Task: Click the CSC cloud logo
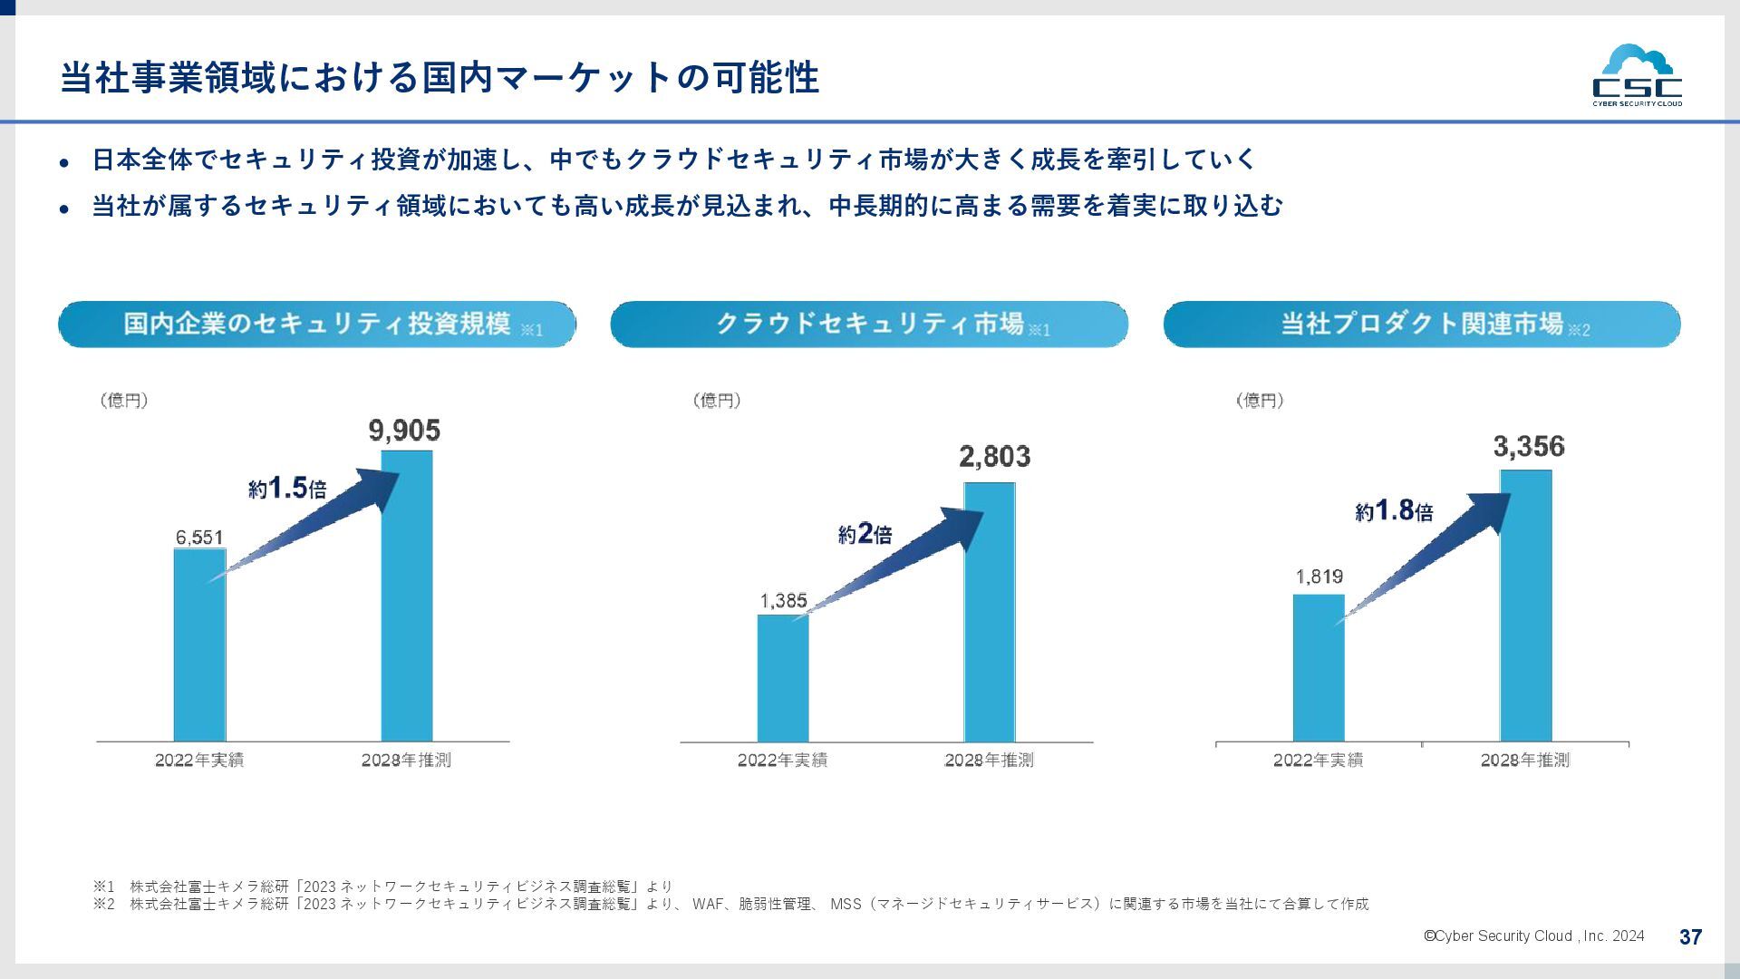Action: [1637, 75]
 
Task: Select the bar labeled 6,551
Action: [199, 645]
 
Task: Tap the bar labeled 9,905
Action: [407, 596]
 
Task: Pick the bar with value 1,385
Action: [783, 678]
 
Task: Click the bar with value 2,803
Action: [990, 612]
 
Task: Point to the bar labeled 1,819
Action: [1319, 667]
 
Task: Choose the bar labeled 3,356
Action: [1525, 606]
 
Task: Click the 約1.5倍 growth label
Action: [287, 489]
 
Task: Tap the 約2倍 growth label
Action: [865, 534]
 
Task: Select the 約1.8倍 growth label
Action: [1394, 511]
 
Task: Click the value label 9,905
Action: [404, 431]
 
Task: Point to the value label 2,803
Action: [994, 457]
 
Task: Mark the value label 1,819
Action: [1319, 577]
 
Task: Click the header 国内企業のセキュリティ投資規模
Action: [317, 325]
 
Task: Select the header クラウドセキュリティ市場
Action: [869, 325]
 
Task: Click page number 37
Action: [1690, 937]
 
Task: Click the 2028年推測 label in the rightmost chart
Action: [1524, 761]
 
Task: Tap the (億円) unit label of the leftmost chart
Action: [124, 401]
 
